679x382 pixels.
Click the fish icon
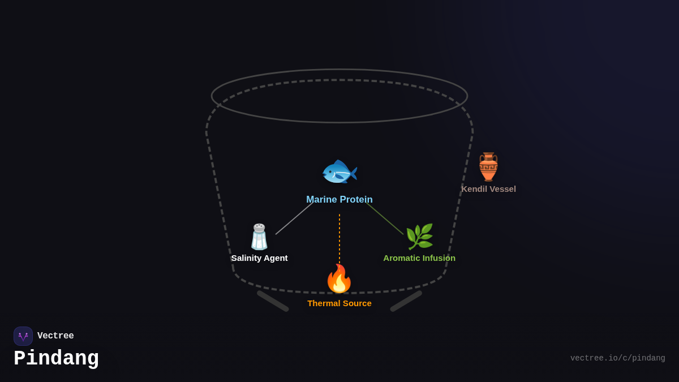pyautogui.click(x=339, y=172)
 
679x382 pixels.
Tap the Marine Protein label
pyautogui.click(x=339, y=200)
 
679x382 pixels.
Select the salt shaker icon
pyautogui.click(x=259, y=237)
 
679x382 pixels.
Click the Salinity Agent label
pyautogui.click(x=259, y=258)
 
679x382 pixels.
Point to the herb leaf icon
pyautogui.click(x=419, y=237)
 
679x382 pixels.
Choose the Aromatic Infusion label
pyautogui.click(x=419, y=258)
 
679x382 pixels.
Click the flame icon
pyautogui.click(x=339, y=278)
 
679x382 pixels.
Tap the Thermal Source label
pyautogui.click(x=339, y=303)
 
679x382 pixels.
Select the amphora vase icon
pyautogui.click(x=488, y=167)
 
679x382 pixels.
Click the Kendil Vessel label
pyautogui.click(x=488, y=189)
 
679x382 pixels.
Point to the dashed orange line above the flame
pyautogui.click(x=339, y=238)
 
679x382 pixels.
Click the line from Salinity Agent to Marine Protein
pyautogui.click(x=294, y=218)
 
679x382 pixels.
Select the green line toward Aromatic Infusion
pyautogui.click(x=385, y=218)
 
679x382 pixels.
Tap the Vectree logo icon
pyautogui.click(x=23, y=336)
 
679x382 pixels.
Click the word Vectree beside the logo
pyautogui.click(x=55, y=336)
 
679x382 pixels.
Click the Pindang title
pyautogui.click(x=56, y=359)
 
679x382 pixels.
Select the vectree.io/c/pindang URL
pyautogui.click(x=617, y=358)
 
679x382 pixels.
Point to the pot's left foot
pyautogui.click(x=273, y=301)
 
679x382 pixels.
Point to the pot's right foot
pyautogui.click(x=406, y=301)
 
